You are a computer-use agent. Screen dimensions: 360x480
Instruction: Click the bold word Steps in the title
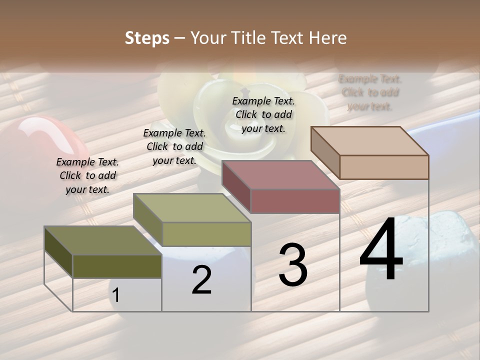click(x=147, y=38)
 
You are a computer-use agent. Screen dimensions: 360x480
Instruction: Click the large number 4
click(x=381, y=250)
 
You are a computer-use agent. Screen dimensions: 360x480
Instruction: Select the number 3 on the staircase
click(x=292, y=265)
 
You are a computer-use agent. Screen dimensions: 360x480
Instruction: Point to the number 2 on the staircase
click(x=201, y=280)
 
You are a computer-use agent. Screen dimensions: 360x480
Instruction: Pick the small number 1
click(x=116, y=295)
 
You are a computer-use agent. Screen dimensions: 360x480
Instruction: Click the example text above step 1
click(x=87, y=175)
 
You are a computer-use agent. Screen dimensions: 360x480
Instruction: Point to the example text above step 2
click(x=174, y=146)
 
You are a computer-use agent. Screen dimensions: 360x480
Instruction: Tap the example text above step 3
click(x=263, y=114)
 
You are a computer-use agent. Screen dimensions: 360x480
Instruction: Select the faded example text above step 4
click(x=370, y=92)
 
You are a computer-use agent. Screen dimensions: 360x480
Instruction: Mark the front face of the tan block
click(x=384, y=167)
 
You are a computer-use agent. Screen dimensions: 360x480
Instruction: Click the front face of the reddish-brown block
click(x=295, y=201)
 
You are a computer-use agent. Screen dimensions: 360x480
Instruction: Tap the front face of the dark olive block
click(x=117, y=266)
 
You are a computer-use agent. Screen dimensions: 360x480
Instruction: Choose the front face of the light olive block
click(x=206, y=234)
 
